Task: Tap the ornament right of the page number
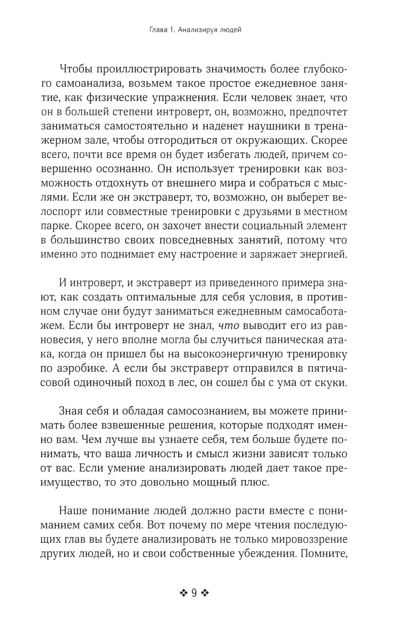[205, 593]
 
